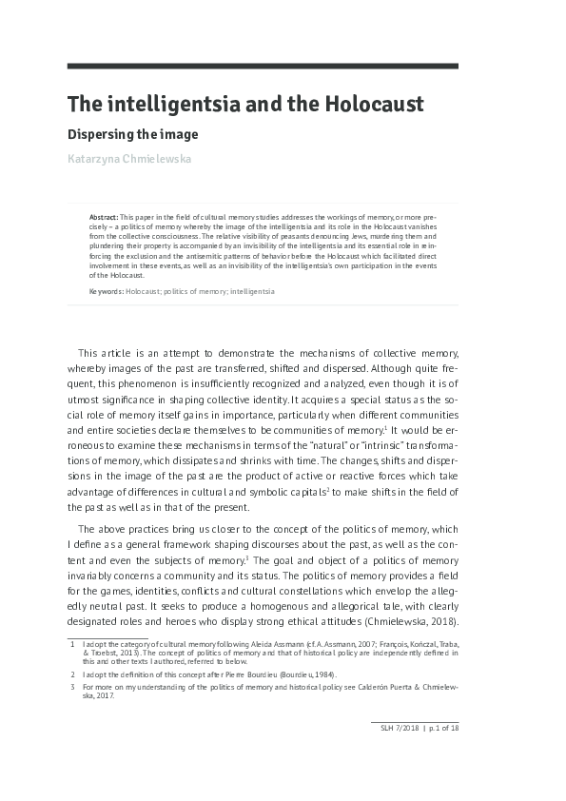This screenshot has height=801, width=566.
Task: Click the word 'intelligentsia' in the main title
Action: tap(165, 104)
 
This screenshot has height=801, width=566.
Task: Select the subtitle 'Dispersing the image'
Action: tap(132, 134)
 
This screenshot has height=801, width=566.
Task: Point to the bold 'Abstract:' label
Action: tap(104, 218)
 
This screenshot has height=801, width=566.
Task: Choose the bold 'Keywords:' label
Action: tap(106, 291)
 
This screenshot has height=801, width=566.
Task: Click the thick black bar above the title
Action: tap(263, 66)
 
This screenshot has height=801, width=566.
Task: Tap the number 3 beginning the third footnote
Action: tap(72, 687)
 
